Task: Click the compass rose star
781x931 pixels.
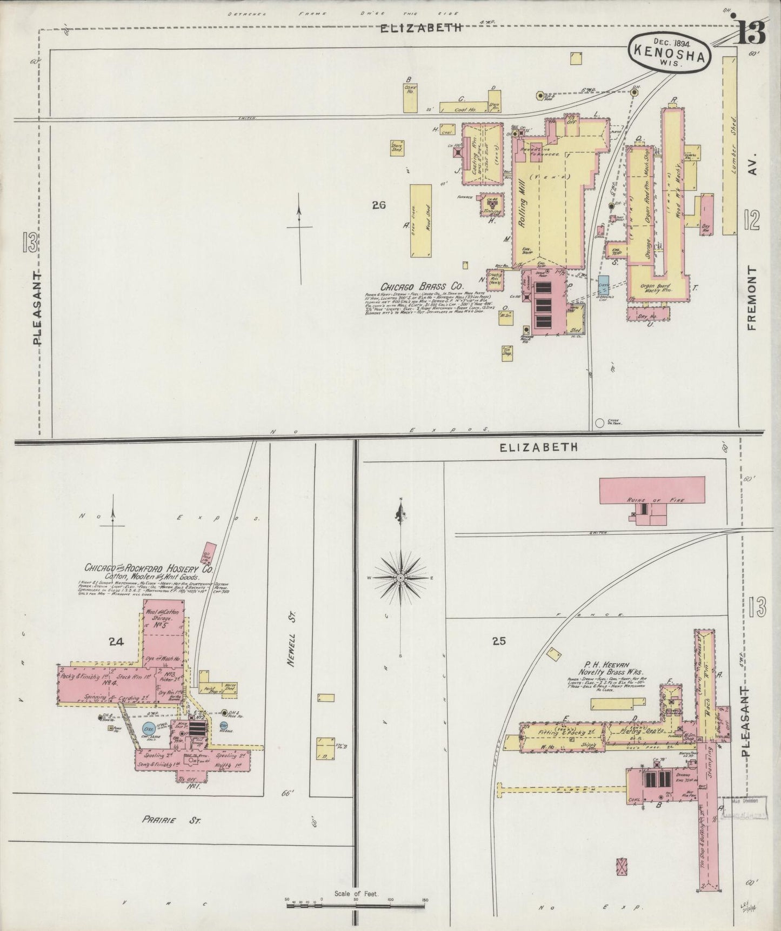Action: (x=400, y=578)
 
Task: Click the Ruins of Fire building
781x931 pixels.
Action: (x=652, y=490)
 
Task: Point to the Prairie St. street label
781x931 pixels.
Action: (x=172, y=820)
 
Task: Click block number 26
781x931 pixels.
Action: (x=378, y=205)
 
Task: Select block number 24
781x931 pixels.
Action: (x=116, y=642)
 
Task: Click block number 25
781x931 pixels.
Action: (x=498, y=641)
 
